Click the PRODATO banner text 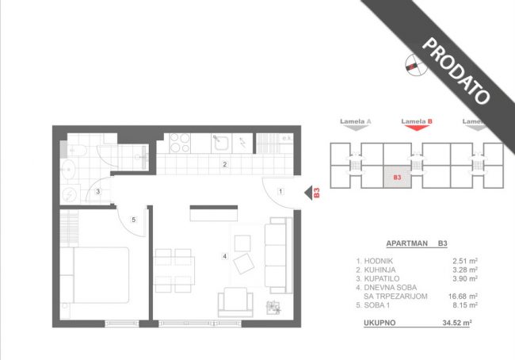click(456, 71)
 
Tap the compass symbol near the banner click(416, 64)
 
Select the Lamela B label click(417, 121)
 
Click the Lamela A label click(356, 121)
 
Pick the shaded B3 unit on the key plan click(397, 177)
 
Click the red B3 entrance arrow click(308, 193)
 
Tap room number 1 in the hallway click(280, 191)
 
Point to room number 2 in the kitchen click(225, 164)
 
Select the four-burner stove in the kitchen click(180, 143)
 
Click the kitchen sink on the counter click(221, 143)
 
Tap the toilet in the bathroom click(74, 151)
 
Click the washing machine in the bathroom click(71, 194)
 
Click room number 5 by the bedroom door click(134, 220)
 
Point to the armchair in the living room click(235, 302)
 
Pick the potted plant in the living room click(273, 308)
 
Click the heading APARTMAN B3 click(417, 243)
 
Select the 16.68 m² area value click(463, 297)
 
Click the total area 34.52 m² click(457, 323)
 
